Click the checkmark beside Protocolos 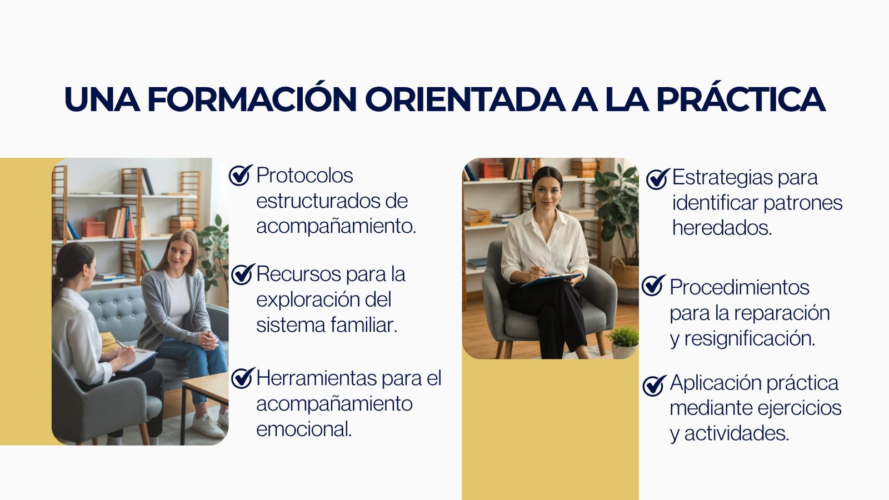click(x=241, y=175)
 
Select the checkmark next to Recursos click(x=242, y=274)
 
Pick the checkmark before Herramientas click(x=242, y=378)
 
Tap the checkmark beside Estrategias click(x=658, y=179)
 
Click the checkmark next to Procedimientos click(x=653, y=286)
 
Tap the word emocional click(x=304, y=429)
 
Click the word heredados click(x=722, y=228)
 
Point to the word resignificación click(x=750, y=339)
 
